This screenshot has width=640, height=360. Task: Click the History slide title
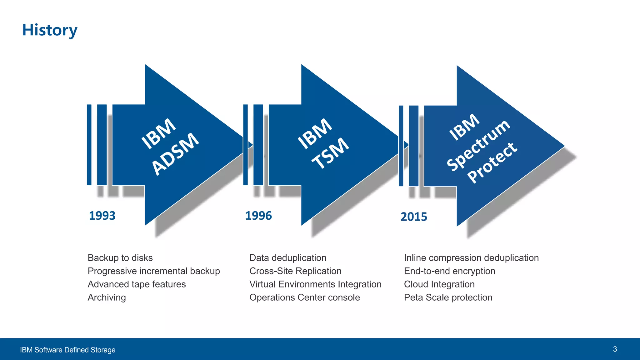tap(50, 30)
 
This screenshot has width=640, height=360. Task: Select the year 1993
tap(102, 216)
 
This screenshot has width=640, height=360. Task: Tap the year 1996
tap(258, 216)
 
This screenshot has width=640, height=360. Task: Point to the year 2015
tap(414, 217)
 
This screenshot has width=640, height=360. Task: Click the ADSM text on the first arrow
tap(175, 153)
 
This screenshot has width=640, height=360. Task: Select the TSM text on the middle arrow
tap(330, 153)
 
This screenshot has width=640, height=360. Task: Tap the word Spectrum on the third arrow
tap(478, 145)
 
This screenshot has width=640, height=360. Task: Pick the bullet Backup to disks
tap(120, 258)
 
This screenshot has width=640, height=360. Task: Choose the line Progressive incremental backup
tap(154, 271)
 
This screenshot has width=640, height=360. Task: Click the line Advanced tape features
tap(137, 284)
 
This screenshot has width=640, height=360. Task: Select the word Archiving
tap(107, 297)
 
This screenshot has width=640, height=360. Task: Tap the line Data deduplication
tap(288, 258)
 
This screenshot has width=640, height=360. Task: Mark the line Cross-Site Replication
tap(295, 271)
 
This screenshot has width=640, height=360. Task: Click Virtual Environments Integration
tap(315, 284)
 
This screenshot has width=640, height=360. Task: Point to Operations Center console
tap(305, 297)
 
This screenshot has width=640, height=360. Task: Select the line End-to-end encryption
tap(449, 271)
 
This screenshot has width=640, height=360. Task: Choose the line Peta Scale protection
tap(448, 297)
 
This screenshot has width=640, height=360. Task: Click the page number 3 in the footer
tap(615, 349)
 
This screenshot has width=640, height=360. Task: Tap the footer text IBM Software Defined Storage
tap(68, 350)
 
